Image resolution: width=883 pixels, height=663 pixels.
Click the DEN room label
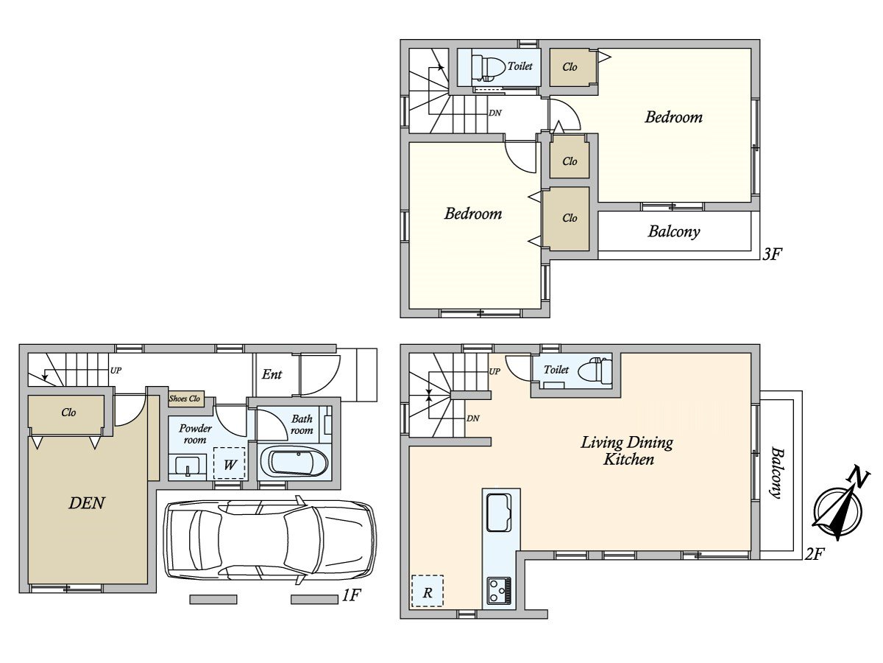pyautogui.click(x=87, y=503)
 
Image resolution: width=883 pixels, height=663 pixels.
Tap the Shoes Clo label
pyautogui.click(x=184, y=399)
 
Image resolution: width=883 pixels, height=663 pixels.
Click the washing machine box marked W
pyautogui.click(x=230, y=463)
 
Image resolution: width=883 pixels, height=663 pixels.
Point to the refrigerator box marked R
pyautogui.click(x=428, y=591)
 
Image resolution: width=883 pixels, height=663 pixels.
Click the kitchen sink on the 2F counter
pyautogui.click(x=499, y=513)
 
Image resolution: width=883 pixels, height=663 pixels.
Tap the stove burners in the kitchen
pyautogui.click(x=499, y=591)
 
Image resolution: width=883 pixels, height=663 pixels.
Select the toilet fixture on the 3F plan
pyautogui.click(x=488, y=66)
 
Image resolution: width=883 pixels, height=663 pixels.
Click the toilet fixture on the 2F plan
pyautogui.click(x=595, y=370)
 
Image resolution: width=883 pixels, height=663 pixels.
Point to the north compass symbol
pyautogui.click(x=838, y=508)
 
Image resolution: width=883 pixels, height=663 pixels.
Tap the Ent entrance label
pyautogui.click(x=272, y=374)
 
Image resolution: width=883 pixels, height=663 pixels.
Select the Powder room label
pyautogui.click(x=195, y=434)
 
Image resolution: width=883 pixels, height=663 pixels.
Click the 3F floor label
pyautogui.click(x=772, y=254)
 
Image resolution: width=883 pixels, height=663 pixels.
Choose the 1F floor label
pyautogui.click(x=351, y=595)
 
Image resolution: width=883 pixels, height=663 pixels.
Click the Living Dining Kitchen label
pyautogui.click(x=627, y=452)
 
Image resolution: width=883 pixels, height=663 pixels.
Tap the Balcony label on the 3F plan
pyautogui.click(x=674, y=231)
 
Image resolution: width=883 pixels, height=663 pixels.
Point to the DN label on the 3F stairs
pyautogui.click(x=495, y=113)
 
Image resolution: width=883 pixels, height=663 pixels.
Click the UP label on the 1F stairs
pyautogui.click(x=116, y=371)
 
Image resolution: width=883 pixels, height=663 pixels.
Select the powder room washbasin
pyautogui.click(x=188, y=466)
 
